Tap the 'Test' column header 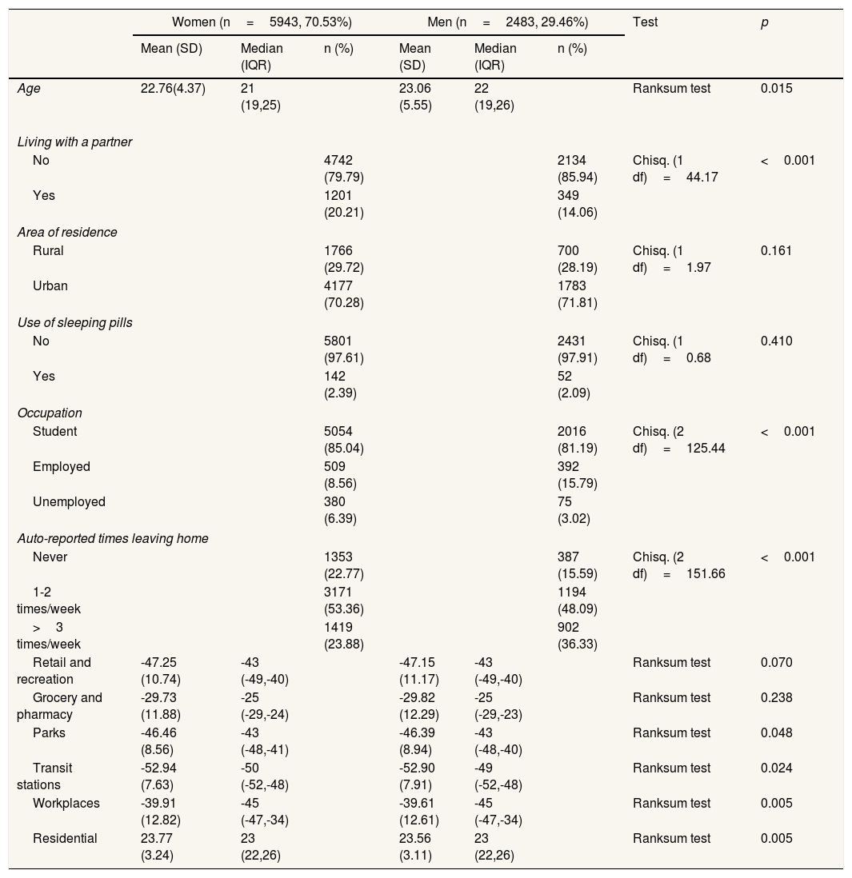[645, 22]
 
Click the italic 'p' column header [764, 22]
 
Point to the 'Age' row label [29, 89]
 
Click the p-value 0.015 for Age [776, 89]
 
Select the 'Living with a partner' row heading [74, 142]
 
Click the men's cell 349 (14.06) [577, 204]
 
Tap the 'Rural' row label [48, 250]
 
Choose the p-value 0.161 [776, 250]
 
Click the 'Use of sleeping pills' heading [74, 323]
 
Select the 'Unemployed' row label [69, 502]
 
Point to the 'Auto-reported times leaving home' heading [113, 539]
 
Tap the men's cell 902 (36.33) [577, 636]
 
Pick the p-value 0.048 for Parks [776, 733]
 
